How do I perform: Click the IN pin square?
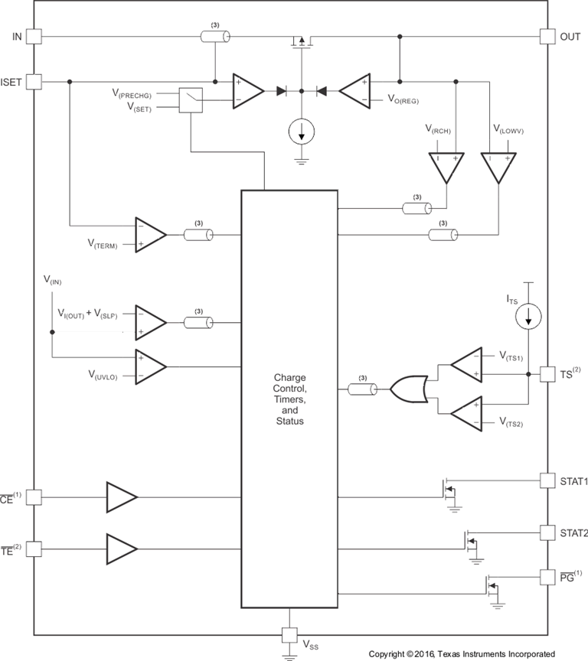coord(34,36)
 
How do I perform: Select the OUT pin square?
coord(547,36)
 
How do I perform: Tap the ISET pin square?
coord(34,80)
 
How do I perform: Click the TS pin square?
coord(547,374)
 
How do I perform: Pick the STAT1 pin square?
coord(547,480)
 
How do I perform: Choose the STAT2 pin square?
coord(547,531)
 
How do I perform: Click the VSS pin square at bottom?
coord(289,634)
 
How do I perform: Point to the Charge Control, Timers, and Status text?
coord(289,399)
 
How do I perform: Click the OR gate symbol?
coord(409,389)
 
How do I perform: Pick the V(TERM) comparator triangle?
coord(151,234)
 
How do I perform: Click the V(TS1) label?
coord(511,357)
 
